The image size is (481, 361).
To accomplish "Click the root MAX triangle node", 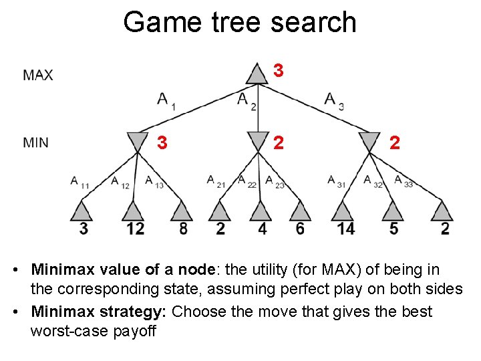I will pyautogui.click(x=257, y=74).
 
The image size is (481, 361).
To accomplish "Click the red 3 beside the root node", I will pyautogui.click(x=279, y=70).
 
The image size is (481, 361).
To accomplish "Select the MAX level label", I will pyautogui.click(x=38, y=75).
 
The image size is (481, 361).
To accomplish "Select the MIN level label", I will pyautogui.click(x=35, y=142).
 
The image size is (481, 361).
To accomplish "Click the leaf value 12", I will pyautogui.click(x=135, y=229).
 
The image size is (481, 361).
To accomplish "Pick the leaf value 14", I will pyautogui.click(x=346, y=229).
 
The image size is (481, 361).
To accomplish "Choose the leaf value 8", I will pyautogui.click(x=183, y=229).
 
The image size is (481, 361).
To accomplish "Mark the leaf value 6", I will pyautogui.click(x=300, y=229).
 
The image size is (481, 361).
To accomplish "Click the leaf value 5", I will pyautogui.click(x=393, y=229).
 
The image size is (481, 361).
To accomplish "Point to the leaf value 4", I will pyautogui.click(x=262, y=229).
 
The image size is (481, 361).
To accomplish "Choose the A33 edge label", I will pyautogui.click(x=403, y=181).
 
